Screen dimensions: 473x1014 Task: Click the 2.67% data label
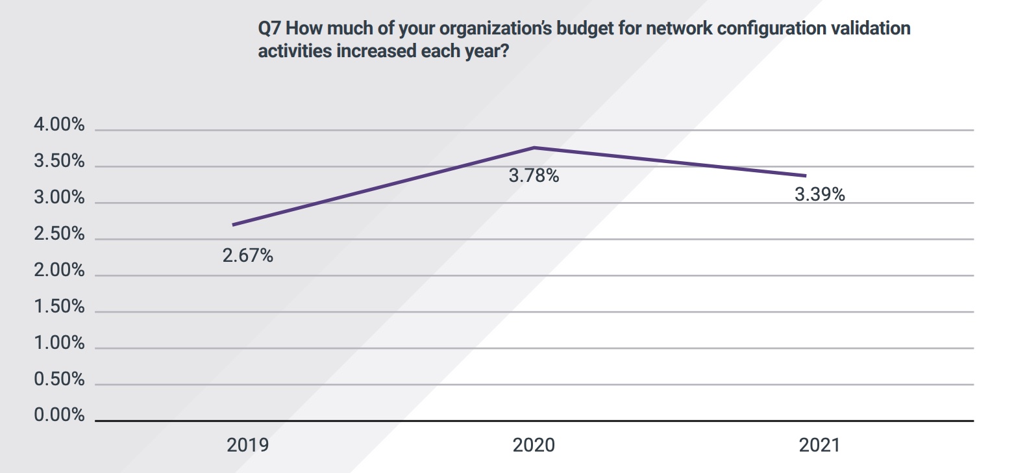[x=247, y=256]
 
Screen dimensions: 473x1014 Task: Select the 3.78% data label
[x=534, y=175]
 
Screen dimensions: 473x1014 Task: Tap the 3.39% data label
[x=819, y=194]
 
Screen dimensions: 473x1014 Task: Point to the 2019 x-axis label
[x=247, y=445]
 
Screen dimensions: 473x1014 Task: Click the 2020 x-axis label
[x=534, y=445]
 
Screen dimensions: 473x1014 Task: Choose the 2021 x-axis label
[x=819, y=445]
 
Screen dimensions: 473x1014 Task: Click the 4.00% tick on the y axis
[x=59, y=125]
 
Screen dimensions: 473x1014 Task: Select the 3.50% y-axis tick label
[x=59, y=161]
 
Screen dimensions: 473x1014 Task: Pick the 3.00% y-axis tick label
[x=59, y=198]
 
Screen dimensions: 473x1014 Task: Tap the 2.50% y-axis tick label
[x=59, y=234]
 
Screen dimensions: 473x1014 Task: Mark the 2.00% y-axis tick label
[x=59, y=270]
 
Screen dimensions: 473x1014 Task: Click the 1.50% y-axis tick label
[x=59, y=307]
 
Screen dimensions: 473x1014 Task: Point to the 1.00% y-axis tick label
[x=59, y=342]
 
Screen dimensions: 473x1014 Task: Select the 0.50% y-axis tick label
[x=59, y=379]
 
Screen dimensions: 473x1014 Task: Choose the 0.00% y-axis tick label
[x=59, y=415]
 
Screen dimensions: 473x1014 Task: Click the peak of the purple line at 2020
[x=534, y=147]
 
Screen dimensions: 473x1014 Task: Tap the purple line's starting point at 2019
[x=233, y=225]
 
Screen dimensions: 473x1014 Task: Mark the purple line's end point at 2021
[x=806, y=175]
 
